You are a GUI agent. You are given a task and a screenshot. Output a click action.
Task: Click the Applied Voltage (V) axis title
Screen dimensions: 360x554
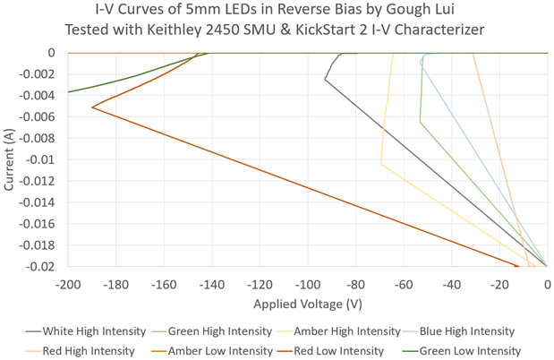click(307, 304)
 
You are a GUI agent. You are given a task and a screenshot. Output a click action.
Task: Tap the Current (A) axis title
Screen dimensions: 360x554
click(10, 159)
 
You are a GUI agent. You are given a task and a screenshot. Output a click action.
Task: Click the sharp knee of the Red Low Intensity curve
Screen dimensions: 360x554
click(92, 108)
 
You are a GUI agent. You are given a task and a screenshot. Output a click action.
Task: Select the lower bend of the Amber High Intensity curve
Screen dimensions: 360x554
click(381, 164)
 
